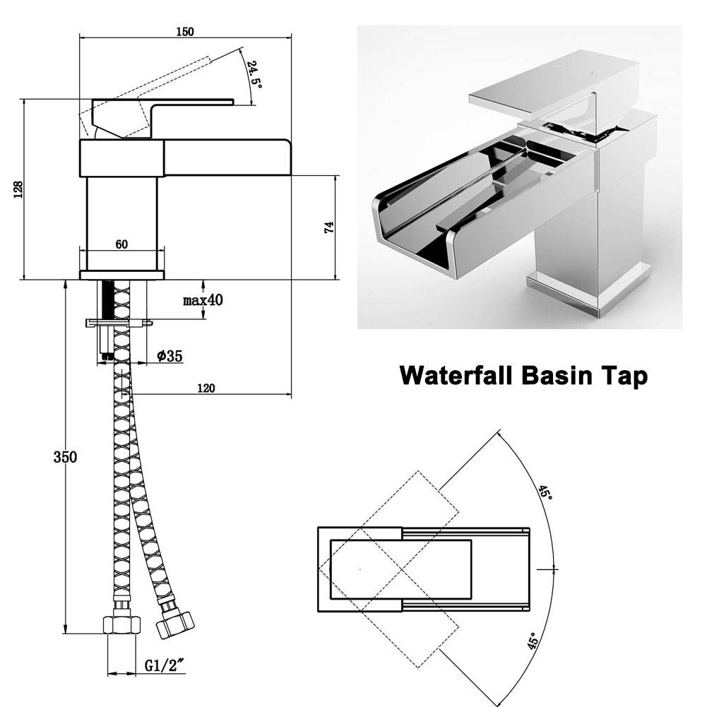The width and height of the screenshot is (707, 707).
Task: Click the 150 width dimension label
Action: click(185, 31)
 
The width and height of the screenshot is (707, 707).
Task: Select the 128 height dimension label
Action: click(18, 189)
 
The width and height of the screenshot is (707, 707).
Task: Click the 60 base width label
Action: click(121, 244)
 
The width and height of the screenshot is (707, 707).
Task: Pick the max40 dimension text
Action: click(203, 300)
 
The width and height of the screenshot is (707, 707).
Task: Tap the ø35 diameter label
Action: click(170, 356)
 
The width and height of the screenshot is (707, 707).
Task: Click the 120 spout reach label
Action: click(206, 388)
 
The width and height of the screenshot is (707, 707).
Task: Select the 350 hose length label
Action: click(65, 456)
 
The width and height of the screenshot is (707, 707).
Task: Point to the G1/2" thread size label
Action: click(164, 665)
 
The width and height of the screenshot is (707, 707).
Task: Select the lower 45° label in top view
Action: click(533, 641)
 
